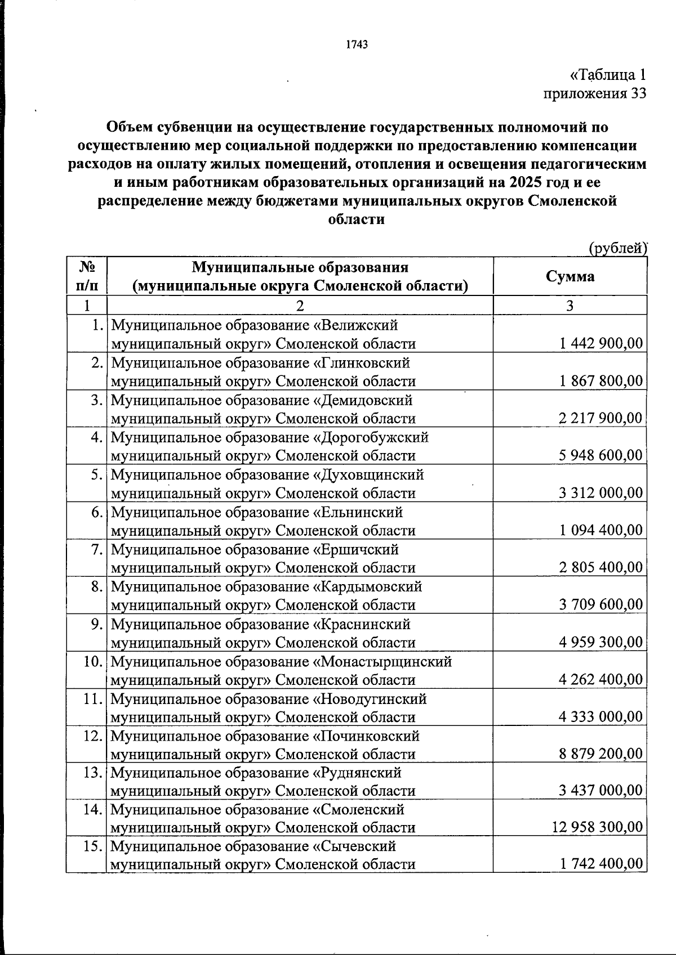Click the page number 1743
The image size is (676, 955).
[357, 44]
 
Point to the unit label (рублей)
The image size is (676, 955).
[617, 248]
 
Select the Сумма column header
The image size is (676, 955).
[570, 276]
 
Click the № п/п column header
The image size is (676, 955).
[86, 276]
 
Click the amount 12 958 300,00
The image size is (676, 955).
[597, 827]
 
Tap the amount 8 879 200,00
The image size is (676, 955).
[601, 753]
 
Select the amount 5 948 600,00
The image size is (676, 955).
[601, 455]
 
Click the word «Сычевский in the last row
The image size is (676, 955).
[354, 846]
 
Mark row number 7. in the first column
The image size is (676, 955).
[96, 549]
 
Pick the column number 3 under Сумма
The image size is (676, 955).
[570, 306]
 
